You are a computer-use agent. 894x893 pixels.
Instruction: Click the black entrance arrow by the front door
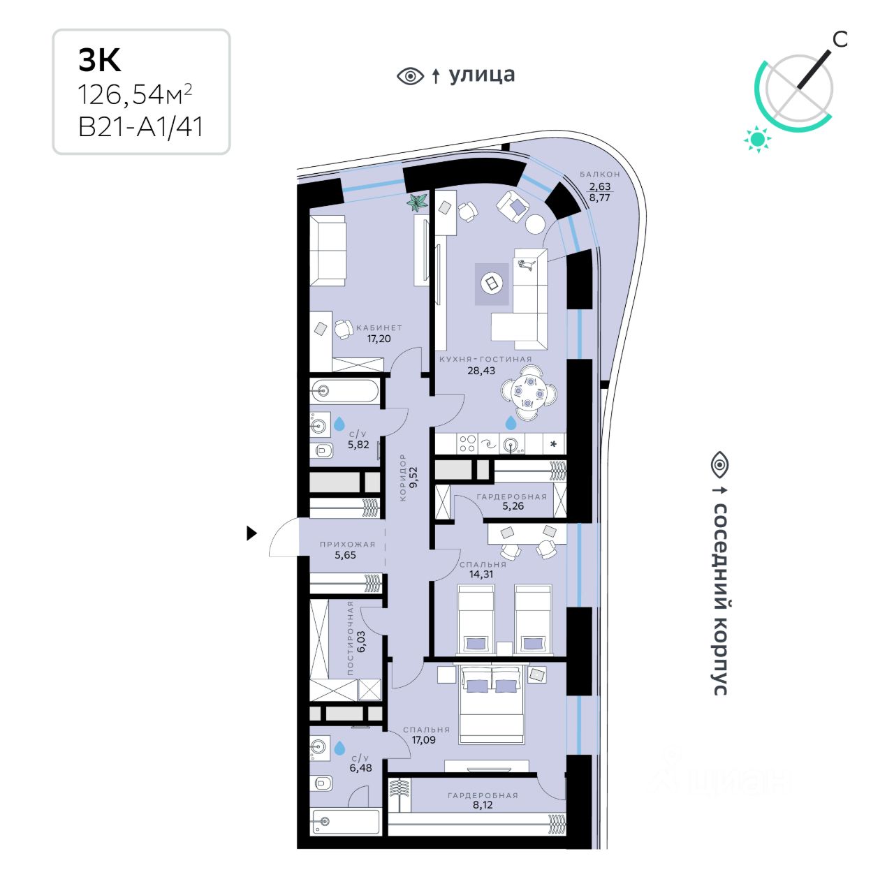251,533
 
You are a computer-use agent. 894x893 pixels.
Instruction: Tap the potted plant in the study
418,203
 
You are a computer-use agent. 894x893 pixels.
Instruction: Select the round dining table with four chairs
529,393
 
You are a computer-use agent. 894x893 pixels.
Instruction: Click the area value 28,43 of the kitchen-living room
481,371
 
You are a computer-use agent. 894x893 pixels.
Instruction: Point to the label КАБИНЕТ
379,327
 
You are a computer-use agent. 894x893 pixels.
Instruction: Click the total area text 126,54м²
135,94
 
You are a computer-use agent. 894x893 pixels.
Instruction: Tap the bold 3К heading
100,61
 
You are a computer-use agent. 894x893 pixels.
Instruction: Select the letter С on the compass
840,40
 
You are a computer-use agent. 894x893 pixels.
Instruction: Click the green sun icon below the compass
757,139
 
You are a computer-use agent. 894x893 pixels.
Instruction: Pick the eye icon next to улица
410,75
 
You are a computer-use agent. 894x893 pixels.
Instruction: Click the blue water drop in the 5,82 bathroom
339,424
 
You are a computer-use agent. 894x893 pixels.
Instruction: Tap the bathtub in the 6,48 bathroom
346,821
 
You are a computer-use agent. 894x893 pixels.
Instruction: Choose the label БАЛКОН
600,174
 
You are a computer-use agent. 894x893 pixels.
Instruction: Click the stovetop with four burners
467,443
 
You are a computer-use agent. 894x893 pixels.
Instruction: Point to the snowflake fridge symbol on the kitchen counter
554,443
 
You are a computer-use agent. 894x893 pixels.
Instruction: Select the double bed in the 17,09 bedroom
491,704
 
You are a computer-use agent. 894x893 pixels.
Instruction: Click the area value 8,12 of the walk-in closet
483,805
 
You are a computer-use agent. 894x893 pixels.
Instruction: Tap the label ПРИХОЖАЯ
348,544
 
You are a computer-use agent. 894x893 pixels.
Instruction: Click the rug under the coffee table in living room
492,284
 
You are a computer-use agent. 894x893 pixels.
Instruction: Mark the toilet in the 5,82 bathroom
322,450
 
